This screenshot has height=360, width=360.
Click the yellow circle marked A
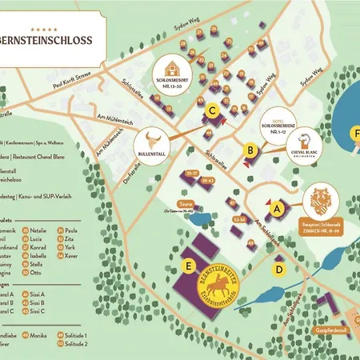pos(278,207)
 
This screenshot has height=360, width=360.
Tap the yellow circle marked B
pos(250,149)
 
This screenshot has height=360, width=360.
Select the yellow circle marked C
pos(212,112)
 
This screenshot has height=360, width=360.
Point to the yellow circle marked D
pos(278,269)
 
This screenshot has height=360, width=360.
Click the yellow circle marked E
pos(189,265)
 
